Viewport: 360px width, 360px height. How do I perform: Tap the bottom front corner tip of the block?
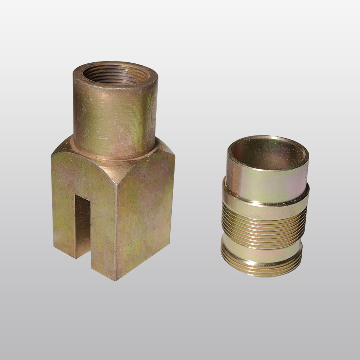tap(116, 279)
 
